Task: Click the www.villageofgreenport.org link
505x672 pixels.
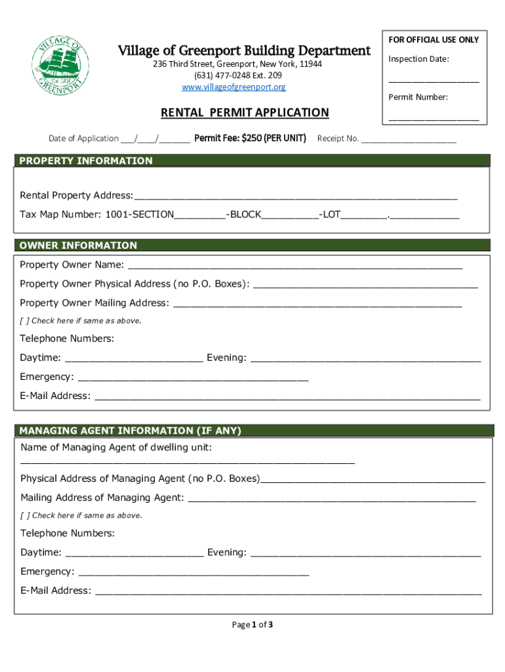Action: coord(233,87)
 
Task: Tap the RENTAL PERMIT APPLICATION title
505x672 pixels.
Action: coord(245,113)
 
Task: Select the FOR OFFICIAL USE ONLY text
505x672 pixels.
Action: coord(434,40)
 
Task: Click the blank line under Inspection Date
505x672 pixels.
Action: coord(434,79)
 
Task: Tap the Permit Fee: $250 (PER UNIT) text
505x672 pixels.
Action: coord(251,138)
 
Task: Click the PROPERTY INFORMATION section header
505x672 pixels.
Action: coord(86,161)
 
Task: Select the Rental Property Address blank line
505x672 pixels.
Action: coord(295,197)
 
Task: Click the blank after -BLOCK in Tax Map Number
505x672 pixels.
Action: coord(290,216)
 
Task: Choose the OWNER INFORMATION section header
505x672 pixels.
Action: coord(78,245)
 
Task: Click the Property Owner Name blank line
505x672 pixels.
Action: coord(295,266)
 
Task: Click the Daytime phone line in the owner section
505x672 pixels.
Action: coord(134,360)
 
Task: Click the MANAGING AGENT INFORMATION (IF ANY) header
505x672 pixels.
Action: coord(131,431)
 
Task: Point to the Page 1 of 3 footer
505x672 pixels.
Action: coord(253,625)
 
